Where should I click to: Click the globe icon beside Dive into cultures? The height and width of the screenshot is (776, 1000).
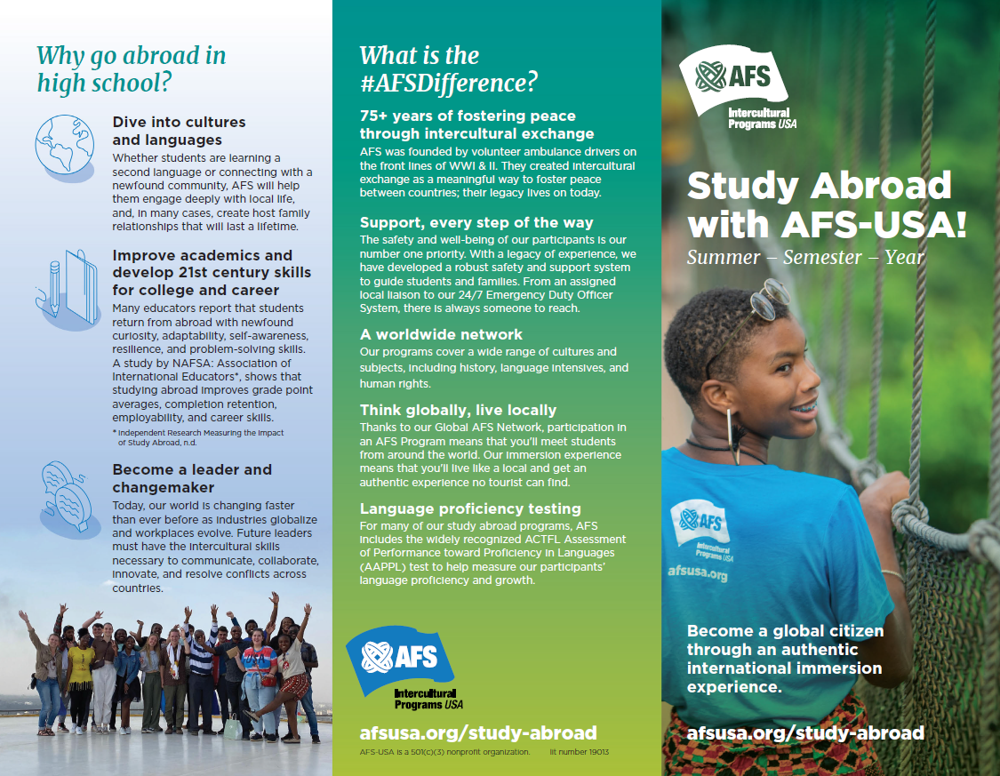(64, 147)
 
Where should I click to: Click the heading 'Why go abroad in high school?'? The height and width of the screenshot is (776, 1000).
(131, 69)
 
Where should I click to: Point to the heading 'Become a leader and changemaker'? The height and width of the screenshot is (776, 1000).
(191, 478)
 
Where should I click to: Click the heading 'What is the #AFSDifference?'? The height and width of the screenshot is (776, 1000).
(448, 69)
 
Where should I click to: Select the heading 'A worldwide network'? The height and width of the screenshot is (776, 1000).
(441, 334)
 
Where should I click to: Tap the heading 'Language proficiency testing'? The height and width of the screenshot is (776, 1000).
(470, 508)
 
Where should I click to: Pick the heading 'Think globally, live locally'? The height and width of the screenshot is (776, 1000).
(458, 410)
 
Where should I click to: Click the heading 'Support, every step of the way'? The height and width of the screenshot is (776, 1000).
(476, 222)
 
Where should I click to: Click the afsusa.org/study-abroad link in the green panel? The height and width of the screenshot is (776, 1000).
(477, 733)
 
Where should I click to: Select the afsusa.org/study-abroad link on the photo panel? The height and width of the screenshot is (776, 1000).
(805, 733)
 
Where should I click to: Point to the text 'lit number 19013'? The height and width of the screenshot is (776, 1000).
(580, 752)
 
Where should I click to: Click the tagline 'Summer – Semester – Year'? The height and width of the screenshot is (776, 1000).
(805, 258)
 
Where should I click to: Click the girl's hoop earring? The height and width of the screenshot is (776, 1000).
(733, 437)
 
